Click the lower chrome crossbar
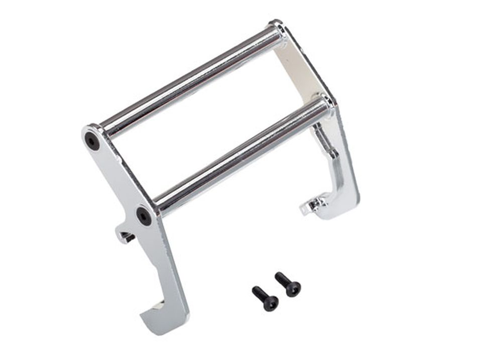pos(241,156)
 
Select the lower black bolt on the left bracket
pos(144,216)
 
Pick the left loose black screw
pos(265,298)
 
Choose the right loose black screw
pos(288,284)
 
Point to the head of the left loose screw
pos(271,303)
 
